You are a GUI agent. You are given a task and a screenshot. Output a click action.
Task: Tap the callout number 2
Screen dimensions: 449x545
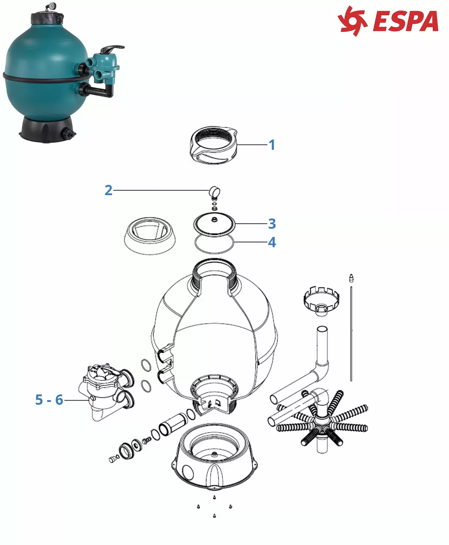point(108,190)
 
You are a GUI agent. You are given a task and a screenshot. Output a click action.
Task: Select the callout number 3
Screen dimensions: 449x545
point(272,224)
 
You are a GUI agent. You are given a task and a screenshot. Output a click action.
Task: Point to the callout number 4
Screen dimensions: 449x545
point(272,242)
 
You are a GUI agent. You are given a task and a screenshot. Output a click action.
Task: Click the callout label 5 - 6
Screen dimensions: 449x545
point(49,399)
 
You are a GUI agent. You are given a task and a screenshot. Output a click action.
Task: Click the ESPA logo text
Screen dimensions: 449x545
point(406,21)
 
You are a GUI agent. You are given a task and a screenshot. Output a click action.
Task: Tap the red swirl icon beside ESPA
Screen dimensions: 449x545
point(352,21)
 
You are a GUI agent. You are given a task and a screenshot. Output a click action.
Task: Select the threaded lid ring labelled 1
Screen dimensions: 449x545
point(214,145)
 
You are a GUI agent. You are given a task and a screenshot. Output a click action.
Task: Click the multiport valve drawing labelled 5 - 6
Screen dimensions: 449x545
point(107,392)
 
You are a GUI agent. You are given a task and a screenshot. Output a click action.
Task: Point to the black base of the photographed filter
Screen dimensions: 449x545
point(48,129)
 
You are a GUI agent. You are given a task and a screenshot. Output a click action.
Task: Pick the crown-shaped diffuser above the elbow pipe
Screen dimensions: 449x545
point(322,300)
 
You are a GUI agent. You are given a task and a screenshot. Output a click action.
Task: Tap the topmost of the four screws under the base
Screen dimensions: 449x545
point(214,497)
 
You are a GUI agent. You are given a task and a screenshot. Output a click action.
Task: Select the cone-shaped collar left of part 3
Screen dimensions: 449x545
point(149,236)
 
